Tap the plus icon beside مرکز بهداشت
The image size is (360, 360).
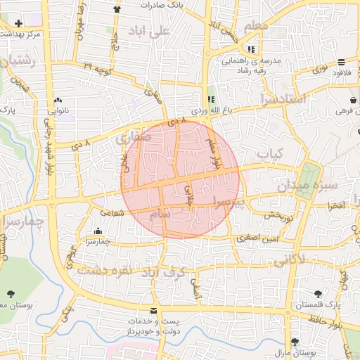point(18,23)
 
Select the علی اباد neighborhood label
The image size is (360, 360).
point(150,32)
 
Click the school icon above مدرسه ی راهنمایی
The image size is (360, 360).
point(252,49)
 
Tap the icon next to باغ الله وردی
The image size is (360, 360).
point(212,98)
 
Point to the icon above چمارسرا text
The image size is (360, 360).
point(97,231)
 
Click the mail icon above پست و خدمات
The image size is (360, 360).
point(154,311)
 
